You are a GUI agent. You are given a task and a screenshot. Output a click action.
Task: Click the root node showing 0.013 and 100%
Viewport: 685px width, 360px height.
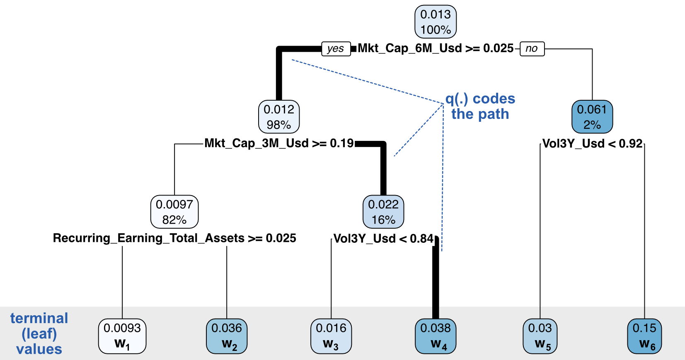point(436,22)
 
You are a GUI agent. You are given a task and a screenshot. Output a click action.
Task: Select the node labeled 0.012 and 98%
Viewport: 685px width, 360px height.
point(279,117)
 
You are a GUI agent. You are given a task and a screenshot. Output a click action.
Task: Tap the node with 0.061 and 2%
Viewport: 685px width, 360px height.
point(592,117)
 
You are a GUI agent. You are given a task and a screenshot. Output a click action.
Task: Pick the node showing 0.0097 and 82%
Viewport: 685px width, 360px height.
point(174,212)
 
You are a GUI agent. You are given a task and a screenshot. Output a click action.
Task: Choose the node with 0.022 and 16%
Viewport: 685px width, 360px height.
point(383,212)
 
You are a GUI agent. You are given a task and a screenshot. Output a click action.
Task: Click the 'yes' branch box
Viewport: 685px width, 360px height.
point(336,48)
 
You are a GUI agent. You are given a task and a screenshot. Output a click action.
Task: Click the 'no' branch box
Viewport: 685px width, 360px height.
point(532,48)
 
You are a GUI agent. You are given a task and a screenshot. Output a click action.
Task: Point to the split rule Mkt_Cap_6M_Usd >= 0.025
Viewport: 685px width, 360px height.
point(436,48)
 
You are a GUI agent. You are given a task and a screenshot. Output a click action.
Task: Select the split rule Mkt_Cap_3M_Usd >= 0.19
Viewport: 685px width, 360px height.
point(279,143)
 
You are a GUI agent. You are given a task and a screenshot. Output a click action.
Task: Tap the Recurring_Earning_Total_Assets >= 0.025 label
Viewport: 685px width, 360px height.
point(174,238)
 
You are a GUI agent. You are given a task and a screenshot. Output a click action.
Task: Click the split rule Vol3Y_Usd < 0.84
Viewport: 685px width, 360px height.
point(383,239)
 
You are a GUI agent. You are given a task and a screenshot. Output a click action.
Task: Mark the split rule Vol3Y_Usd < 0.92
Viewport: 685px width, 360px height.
point(592,144)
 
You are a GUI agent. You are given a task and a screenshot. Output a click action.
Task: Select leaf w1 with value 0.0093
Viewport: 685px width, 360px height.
point(122,336)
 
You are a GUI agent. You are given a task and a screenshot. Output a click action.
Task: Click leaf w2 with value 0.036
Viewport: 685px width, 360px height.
point(227,336)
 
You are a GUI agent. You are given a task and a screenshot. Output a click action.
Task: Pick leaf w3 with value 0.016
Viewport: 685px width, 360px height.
point(331,336)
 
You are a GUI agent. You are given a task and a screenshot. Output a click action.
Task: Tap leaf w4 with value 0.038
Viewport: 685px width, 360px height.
point(436,336)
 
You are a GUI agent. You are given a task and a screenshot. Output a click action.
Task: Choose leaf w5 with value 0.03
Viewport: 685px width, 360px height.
point(540,336)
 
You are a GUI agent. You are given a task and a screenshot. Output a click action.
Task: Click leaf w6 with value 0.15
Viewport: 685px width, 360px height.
point(644,336)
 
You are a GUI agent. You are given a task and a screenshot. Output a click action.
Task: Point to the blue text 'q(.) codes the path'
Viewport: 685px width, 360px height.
point(480,106)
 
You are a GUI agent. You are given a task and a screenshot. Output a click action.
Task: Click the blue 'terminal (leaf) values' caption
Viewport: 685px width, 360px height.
point(39,333)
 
